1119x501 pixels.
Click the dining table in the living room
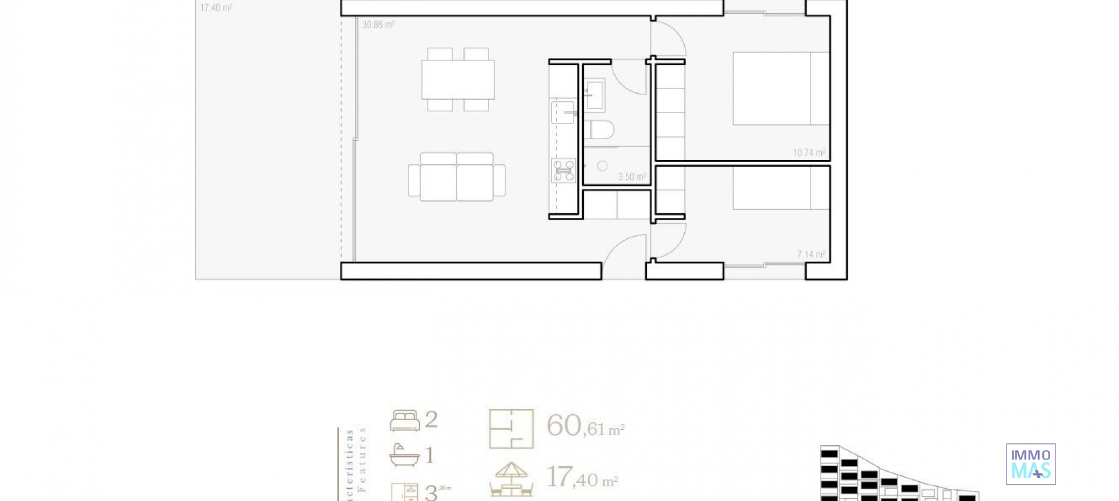point(458,80)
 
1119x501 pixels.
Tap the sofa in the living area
point(457,177)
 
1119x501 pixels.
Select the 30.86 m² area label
point(378,25)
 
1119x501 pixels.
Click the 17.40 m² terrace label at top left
point(216,8)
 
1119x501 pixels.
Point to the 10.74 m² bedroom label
point(809,153)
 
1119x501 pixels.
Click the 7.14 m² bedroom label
point(811,255)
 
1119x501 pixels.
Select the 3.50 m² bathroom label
point(632,177)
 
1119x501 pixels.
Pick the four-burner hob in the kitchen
point(564,171)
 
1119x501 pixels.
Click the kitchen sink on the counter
point(562,112)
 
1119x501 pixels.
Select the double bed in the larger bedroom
point(780,88)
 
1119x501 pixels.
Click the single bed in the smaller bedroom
point(780,188)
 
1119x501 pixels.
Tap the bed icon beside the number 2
point(404,421)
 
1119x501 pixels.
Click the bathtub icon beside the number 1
point(404,456)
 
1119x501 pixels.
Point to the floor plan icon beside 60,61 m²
point(511,429)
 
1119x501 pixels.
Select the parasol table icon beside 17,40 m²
point(511,479)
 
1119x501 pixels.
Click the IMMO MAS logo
point(1030,464)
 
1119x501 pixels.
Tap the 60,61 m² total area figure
point(585,426)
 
